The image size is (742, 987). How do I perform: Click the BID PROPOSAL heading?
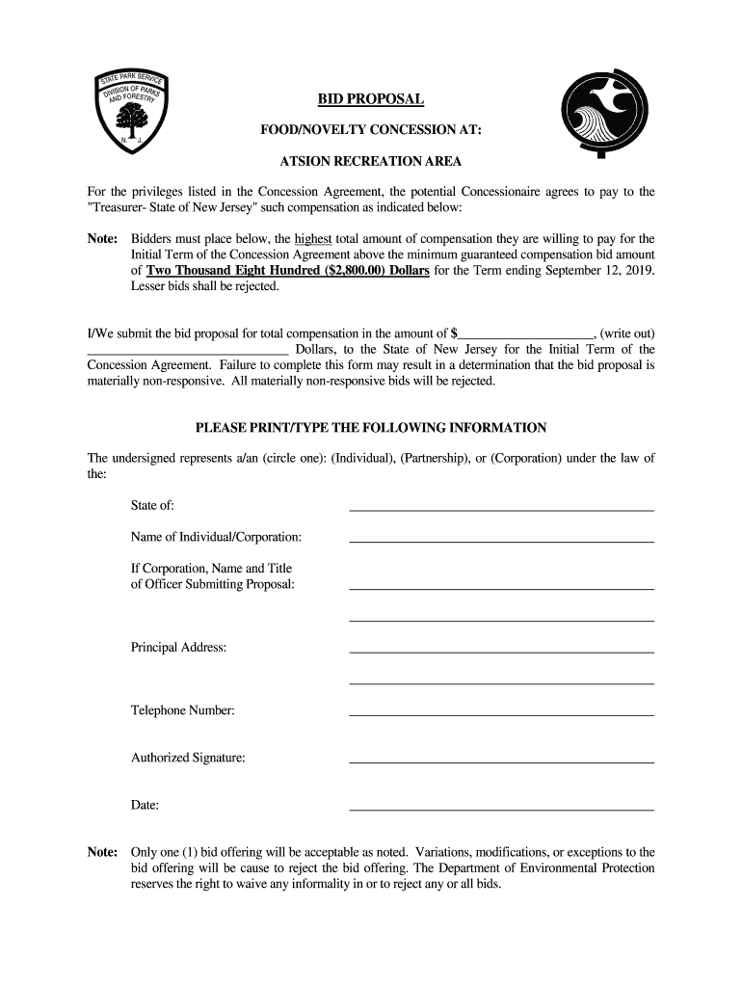pos(371,100)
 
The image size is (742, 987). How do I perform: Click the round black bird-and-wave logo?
pos(601,115)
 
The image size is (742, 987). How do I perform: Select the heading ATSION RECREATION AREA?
pos(371,161)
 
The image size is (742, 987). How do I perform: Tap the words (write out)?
pos(627,333)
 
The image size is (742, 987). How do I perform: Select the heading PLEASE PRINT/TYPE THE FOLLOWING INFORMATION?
pos(371,427)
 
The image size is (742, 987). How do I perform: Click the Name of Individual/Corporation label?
pos(216,536)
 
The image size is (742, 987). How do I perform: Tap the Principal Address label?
pos(178,647)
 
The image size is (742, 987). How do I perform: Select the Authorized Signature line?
pos(501,760)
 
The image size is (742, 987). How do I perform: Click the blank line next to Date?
pos(501,807)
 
